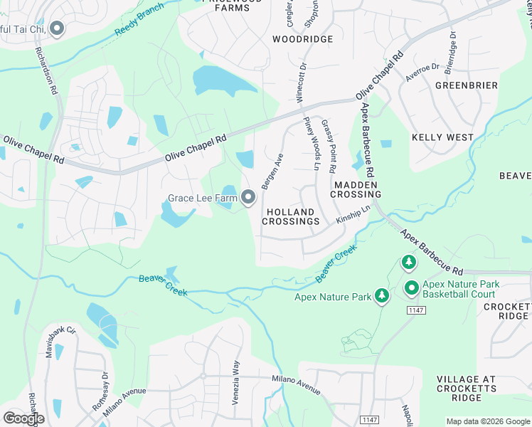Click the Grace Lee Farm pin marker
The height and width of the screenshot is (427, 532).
pyautogui.click(x=248, y=197)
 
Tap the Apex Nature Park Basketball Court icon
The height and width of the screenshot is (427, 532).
pyautogui.click(x=411, y=288)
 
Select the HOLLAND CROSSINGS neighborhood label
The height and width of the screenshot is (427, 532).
pyautogui.click(x=290, y=217)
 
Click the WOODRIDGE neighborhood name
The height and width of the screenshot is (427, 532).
pyautogui.click(x=303, y=39)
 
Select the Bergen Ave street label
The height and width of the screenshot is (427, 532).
pyautogui.click(x=272, y=172)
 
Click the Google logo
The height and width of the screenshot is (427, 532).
pyautogui.click(x=23, y=418)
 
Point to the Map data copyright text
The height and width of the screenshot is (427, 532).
pyautogui.click(x=489, y=421)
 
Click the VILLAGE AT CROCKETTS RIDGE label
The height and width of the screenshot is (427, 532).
pyautogui.click(x=467, y=389)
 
